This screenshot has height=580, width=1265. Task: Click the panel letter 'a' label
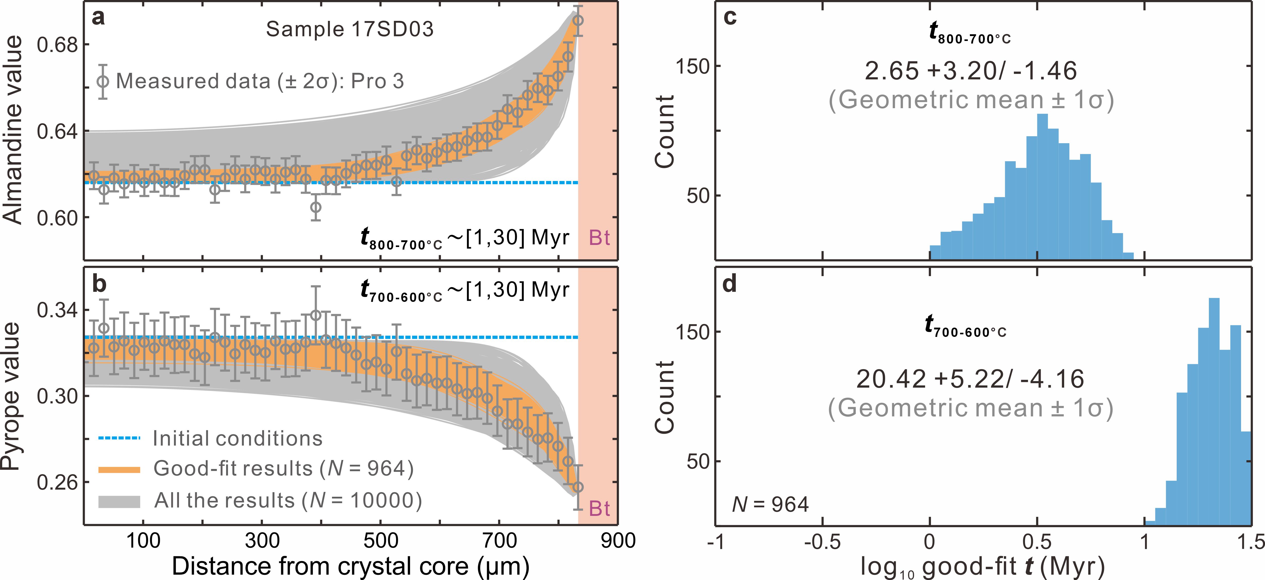[99, 18]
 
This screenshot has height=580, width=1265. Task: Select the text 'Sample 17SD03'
[350, 29]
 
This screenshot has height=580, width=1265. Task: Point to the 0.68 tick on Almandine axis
[57, 45]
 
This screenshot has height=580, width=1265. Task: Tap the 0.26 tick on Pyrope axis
[57, 483]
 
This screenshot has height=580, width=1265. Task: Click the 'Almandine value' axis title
[13, 130]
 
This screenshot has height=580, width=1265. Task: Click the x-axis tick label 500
[381, 540]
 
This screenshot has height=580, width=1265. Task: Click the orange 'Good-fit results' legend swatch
[119, 470]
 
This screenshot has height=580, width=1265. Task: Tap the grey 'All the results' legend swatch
[119, 501]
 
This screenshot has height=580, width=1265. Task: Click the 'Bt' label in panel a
[599, 238]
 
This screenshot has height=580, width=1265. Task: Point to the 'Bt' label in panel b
[599, 509]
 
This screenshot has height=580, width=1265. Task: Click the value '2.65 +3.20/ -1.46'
[970, 71]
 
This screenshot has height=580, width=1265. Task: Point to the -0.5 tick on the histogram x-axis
[823, 541]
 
